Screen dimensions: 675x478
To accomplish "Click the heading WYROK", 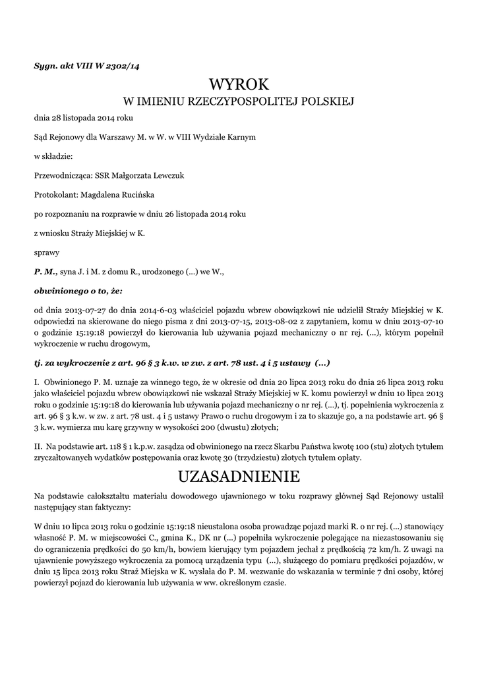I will (239, 84).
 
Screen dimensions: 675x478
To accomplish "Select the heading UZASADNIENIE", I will (239, 475).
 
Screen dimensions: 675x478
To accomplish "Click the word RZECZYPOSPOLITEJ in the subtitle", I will (243, 102).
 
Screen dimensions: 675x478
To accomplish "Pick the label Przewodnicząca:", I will (63, 175).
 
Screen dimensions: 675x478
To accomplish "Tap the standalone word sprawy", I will (46, 252).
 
